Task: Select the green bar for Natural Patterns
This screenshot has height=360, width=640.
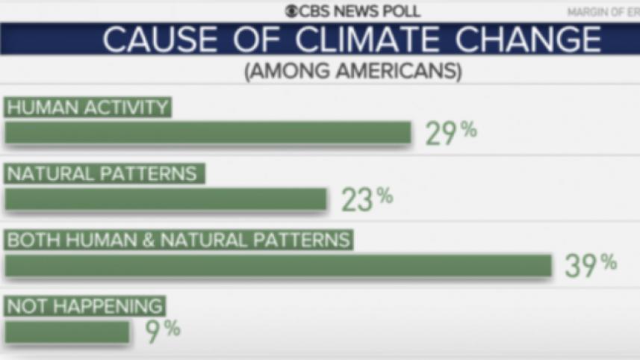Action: (166, 199)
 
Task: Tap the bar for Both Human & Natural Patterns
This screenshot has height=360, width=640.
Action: (278, 266)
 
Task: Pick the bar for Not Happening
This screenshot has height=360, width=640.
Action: (67, 332)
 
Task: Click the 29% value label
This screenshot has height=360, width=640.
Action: (451, 132)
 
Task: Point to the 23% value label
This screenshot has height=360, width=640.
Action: (367, 199)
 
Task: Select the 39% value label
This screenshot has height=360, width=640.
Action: (591, 265)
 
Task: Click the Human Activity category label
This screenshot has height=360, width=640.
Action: (88, 108)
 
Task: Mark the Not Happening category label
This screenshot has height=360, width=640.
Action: (84, 305)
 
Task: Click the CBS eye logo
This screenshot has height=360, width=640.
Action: (291, 11)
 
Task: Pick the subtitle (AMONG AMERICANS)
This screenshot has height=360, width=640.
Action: (352, 72)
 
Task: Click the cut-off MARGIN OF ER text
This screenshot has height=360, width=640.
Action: (603, 12)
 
